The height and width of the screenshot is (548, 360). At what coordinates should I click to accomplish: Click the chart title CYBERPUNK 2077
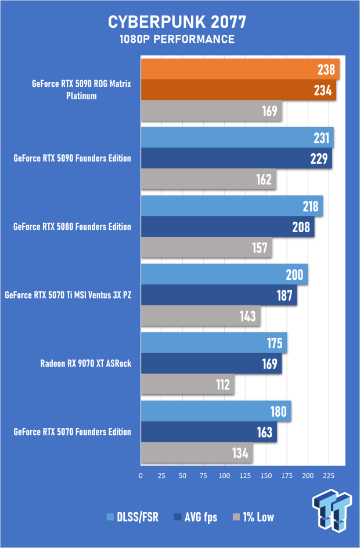[x=177, y=22]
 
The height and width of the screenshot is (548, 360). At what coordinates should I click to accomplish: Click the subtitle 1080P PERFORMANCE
[x=177, y=39]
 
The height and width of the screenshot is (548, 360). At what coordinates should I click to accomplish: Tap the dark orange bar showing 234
[x=238, y=90]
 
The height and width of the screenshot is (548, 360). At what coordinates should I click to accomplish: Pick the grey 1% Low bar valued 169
[x=211, y=111]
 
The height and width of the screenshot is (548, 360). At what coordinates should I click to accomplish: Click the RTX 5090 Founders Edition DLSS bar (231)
[x=237, y=138]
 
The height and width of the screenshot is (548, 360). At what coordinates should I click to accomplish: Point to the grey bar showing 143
[x=200, y=316]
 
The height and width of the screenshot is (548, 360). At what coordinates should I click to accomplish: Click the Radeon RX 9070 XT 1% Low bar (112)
[x=187, y=385]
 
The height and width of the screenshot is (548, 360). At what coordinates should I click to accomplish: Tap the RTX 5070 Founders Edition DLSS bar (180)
[x=215, y=412]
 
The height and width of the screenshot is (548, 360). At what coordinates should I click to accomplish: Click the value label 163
[x=265, y=432]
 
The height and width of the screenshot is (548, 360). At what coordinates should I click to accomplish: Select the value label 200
[x=294, y=275]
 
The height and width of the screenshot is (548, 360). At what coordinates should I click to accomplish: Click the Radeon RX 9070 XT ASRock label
[x=86, y=364]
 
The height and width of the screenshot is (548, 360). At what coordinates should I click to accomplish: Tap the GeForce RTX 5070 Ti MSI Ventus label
[x=68, y=295]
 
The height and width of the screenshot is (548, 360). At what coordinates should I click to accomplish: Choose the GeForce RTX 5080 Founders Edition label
[x=72, y=226]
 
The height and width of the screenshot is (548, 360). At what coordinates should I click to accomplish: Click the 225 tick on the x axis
[x=328, y=475]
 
